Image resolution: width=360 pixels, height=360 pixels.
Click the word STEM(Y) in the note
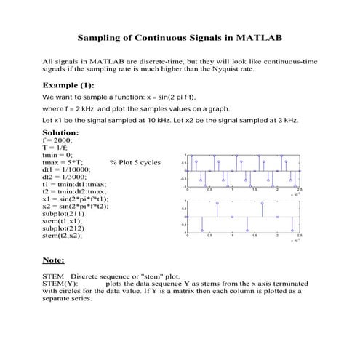(60, 284)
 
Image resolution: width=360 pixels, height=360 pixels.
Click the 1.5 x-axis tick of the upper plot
(255, 189)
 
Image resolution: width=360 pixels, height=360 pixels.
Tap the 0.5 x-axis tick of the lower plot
(210, 235)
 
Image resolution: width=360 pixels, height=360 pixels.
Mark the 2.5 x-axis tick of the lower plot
(300, 235)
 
